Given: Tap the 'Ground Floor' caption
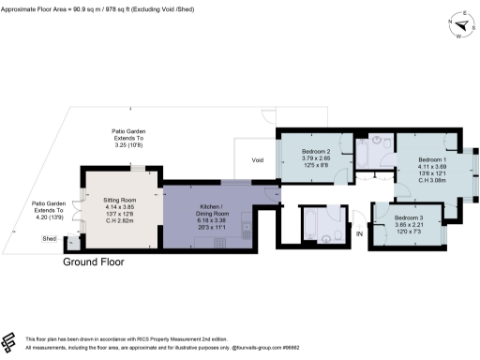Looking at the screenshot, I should tap(93, 262).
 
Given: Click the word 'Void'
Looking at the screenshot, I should tap(258, 160).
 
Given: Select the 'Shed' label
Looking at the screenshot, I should tap(50, 239).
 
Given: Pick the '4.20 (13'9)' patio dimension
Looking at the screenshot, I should tap(47, 217).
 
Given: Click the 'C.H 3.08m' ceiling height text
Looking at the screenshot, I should tap(433, 180).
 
